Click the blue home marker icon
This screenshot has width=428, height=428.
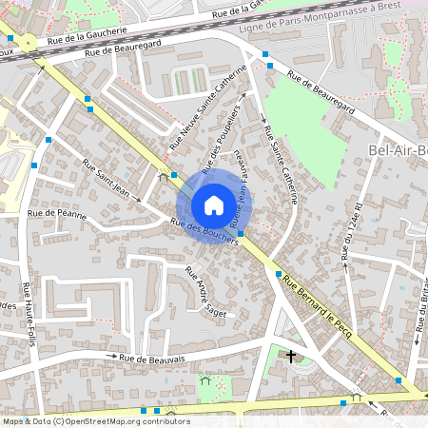click(213, 205)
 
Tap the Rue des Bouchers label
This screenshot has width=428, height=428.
click(203, 231)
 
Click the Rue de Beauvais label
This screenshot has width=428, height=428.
click(151, 358)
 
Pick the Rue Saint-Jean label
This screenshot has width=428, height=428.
click(106, 179)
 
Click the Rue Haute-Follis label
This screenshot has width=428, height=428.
click(29, 313)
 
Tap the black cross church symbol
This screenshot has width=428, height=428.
click(291, 357)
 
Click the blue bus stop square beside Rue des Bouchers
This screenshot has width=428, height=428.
click(241, 234)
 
